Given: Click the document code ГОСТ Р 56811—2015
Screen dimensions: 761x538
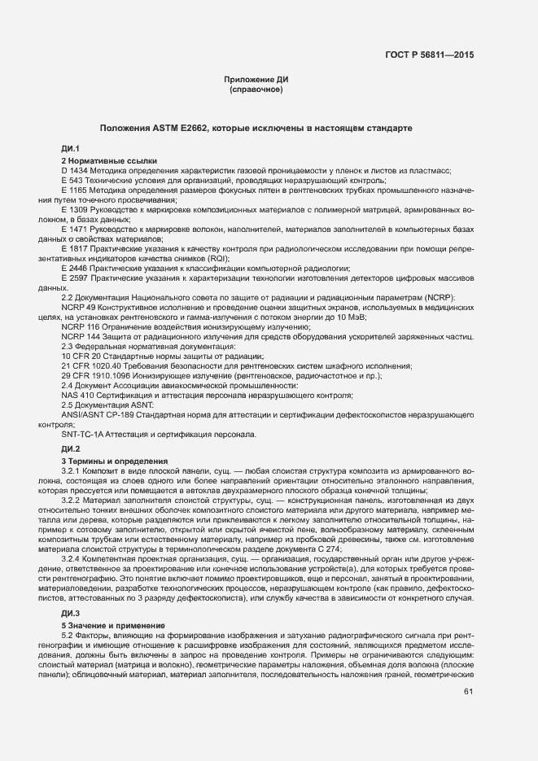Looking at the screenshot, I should click(x=431, y=55).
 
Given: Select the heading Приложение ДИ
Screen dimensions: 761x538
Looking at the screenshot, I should click(x=256, y=79).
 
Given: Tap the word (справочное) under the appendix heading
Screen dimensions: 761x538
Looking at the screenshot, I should click(x=256, y=89).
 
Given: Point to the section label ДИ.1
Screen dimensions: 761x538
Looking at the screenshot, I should click(x=70, y=148).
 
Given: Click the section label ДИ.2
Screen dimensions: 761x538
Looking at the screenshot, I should click(x=70, y=449).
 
